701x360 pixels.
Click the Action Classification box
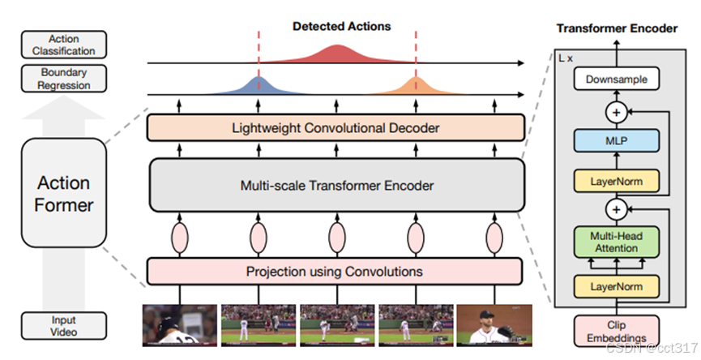click(65, 45)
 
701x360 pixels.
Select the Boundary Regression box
click(65, 79)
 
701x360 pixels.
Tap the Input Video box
click(65, 325)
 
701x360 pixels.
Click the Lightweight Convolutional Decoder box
click(336, 128)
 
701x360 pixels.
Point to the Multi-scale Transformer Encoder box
click(336, 186)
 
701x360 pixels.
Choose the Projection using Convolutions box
click(336, 271)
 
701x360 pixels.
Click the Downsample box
click(616, 79)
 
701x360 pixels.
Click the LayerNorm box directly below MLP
click(616, 182)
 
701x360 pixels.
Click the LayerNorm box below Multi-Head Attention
click(616, 286)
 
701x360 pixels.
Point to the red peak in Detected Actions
click(336, 54)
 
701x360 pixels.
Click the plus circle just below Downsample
click(616, 112)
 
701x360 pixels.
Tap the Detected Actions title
click(341, 26)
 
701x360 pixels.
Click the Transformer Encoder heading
click(616, 28)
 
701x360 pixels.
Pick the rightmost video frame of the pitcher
click(494, 324)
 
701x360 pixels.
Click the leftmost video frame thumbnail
click(180, 324)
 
